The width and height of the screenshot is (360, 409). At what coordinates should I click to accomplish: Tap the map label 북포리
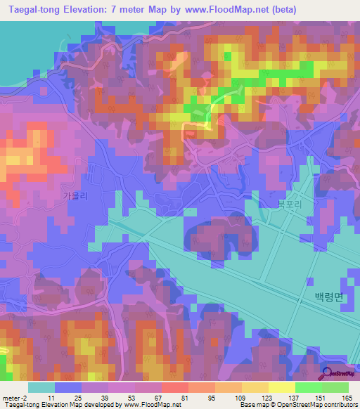click(x=288, y=203)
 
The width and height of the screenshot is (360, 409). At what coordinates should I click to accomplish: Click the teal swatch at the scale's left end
click(x=41, y=387)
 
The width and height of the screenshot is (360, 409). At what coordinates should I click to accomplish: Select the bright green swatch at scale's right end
click(x=335, y=387)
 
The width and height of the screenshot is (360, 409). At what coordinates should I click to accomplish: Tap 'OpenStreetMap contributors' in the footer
click(x=320, y=405)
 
